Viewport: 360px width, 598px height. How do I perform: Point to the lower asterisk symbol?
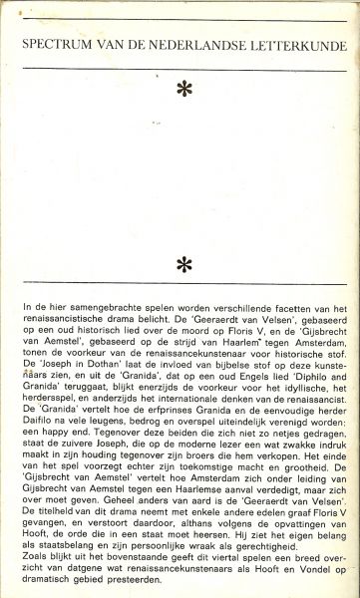click(180, 264)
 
